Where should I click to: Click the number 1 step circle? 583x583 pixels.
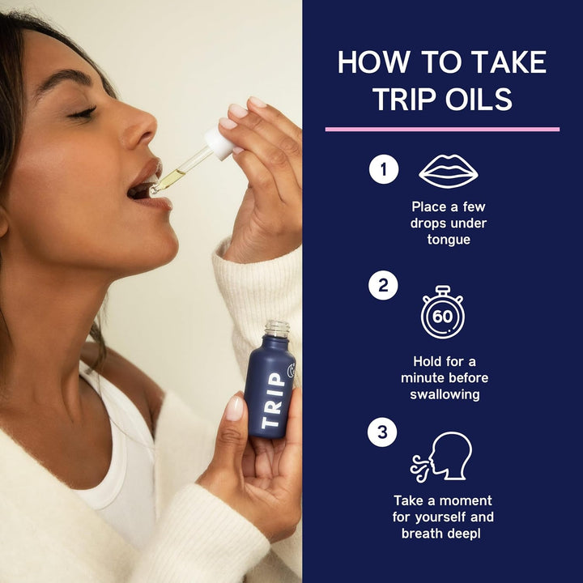pyautogui.click(x=384, y=170)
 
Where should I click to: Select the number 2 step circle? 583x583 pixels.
pyautogui.click(x=384, y=286)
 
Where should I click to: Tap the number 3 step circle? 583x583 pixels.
pyautogui.click(x=384, y=432)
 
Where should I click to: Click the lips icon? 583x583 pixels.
pyautogui.click(x=445, y=172)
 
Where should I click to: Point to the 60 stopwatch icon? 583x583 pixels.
pyautogui.click(x=442, y=312)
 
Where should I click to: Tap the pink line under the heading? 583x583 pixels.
pyautogui.click(x=442, y=129)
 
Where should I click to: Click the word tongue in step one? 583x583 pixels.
pyautogui.click(x=449, y=239)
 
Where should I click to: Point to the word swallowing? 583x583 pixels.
pyautogui.click(x=445, y=394)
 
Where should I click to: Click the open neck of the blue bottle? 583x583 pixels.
pyautogui.click(x=277, y=327)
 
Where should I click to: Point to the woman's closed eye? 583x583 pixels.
pyautogui.click(x=83, y=113)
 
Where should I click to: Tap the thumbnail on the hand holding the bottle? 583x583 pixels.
pyautogui.click(x=235, y=407)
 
